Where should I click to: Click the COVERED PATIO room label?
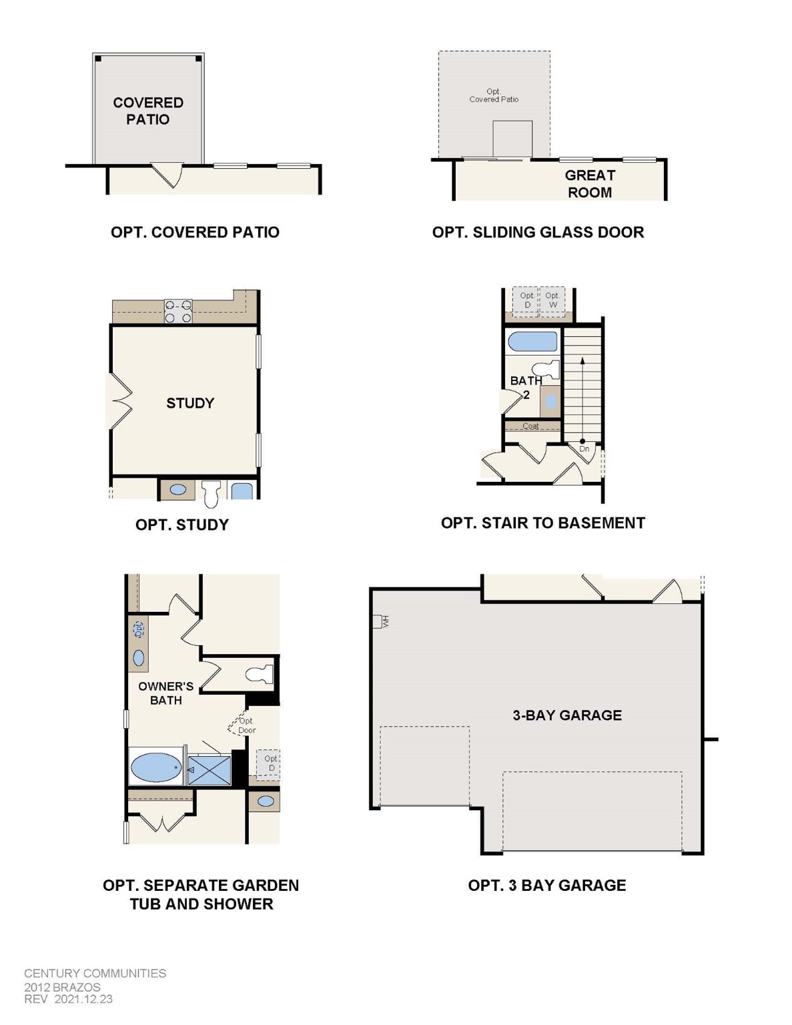click(x=147, y=111)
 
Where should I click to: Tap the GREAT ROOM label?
click(x=589, y=184)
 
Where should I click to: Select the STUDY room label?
click(x=190, y=403)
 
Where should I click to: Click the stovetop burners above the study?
click(x=178, y=312)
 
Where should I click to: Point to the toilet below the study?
click(x=212, y=492)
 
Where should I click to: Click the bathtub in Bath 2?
click(x=532, y=342)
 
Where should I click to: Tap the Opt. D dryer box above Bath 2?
click(x=527, y=300)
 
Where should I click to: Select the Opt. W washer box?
click(x=552, y=300)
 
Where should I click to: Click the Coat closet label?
click(x=530, y=426)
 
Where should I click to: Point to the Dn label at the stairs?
click(x=584, y=449)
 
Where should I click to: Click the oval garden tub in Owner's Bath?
click(x=156, y=767)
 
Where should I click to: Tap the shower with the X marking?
click(x=210, y=770)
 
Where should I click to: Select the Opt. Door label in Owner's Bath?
click(x=246, y=725)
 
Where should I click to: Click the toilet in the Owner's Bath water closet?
click(x=260, y=674)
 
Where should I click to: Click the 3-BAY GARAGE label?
click(x=567, y=715)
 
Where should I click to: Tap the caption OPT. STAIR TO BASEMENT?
click(x=542, y=523)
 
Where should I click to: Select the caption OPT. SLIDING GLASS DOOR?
click(x=538, y=232)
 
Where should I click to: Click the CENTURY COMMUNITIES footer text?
click(x=95, y=973)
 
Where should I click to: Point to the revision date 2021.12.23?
click(x=83, y=999)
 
